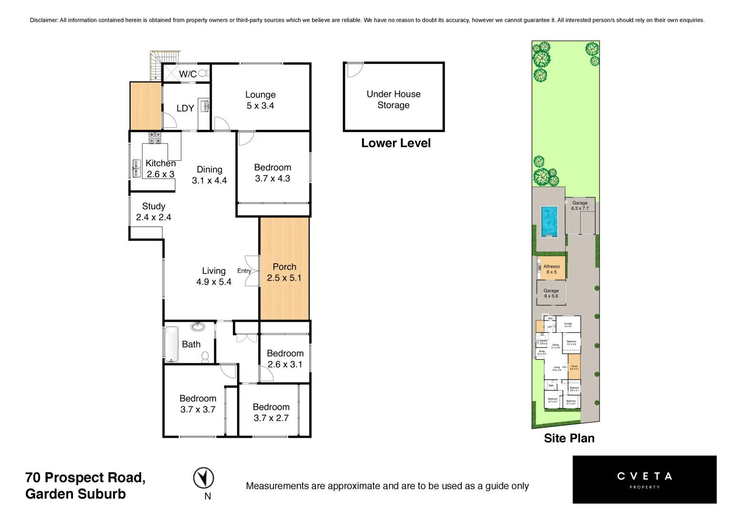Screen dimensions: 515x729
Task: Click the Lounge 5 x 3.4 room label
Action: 260,100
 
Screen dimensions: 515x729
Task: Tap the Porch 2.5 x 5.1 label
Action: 284,272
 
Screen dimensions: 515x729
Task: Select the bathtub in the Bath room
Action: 171,344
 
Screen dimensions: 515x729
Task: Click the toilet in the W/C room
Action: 203,73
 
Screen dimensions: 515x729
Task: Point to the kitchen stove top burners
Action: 155,137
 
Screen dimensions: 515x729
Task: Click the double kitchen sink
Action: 136,168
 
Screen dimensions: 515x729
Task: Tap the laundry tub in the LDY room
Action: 205,106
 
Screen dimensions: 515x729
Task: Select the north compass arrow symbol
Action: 203,478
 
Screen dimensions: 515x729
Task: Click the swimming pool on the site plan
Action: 549,221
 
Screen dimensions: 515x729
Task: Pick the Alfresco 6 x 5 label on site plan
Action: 552,269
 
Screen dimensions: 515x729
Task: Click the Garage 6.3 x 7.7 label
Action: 580,206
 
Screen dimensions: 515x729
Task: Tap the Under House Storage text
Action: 394,100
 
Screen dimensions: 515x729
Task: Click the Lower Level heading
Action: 396,143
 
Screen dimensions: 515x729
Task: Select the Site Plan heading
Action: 569,438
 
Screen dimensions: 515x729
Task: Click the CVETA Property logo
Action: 644,479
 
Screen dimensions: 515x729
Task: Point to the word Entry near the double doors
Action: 244,271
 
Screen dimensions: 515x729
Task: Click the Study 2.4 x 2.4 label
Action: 154,212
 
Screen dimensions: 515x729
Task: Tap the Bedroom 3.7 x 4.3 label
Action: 272,173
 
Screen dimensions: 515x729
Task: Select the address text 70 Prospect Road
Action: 85,477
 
